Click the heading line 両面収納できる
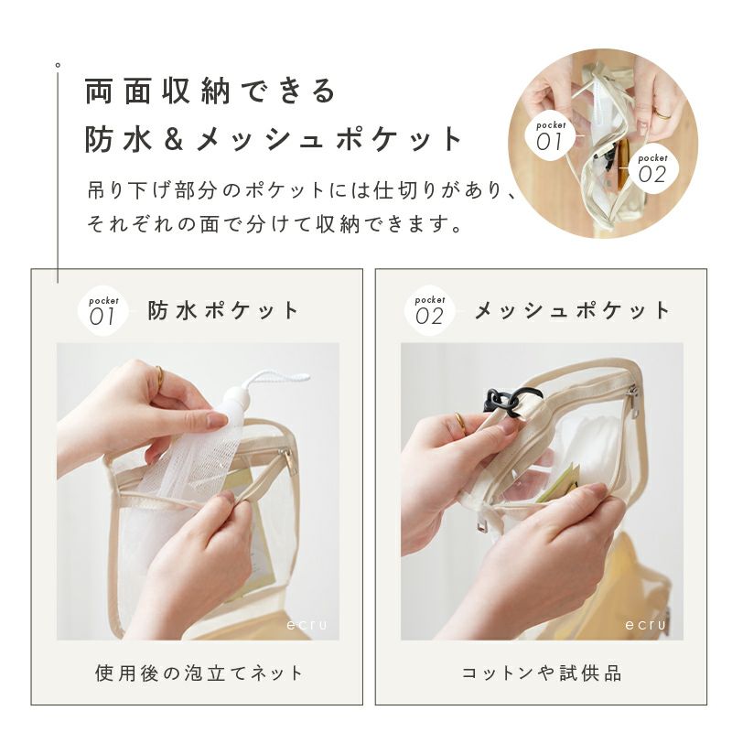[x=210, y=91]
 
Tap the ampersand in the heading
[x=173, y=140]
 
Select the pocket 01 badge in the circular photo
[x=551, y=136]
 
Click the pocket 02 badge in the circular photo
[x=652, y=170]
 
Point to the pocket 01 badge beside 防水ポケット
[x=102, y=311]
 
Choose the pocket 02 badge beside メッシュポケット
[x=429, y=310]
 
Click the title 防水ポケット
[x=223, y=310]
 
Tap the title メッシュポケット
[x=573, y=310]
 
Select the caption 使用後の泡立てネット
[x=199, y=673]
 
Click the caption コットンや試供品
[x=542, y=673]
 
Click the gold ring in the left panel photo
[x=160, y=377]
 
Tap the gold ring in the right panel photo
[x=460, y=423]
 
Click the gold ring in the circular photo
[x=663, y=113]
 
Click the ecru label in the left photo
[x=307, y=625]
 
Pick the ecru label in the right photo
[x=647, y=625]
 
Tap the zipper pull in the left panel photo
[x=288, y=460]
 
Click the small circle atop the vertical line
[x=58, y=65]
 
